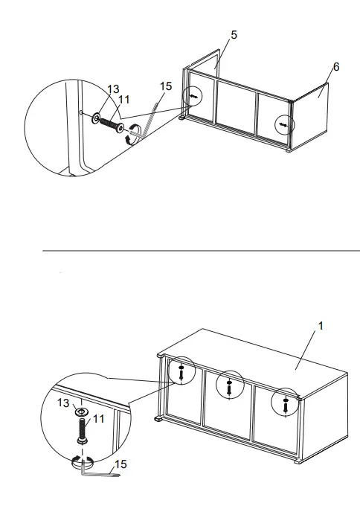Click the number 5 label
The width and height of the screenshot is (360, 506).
point(234,35)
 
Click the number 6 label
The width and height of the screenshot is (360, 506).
point(336,67)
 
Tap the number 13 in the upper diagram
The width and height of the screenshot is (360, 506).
point(112,89)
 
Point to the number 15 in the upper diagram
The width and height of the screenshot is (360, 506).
point(166,86)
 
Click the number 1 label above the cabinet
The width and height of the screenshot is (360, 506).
point(321,327)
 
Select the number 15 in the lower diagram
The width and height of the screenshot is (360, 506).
point(120,464)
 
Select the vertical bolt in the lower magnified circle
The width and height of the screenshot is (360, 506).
point(82,431)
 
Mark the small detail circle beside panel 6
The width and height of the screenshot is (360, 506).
point(283,124)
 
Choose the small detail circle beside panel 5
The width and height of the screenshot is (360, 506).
point(193,97)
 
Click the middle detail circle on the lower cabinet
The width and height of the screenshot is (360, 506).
point(230,384)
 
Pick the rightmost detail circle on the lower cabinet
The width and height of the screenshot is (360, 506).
point(285,402)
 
